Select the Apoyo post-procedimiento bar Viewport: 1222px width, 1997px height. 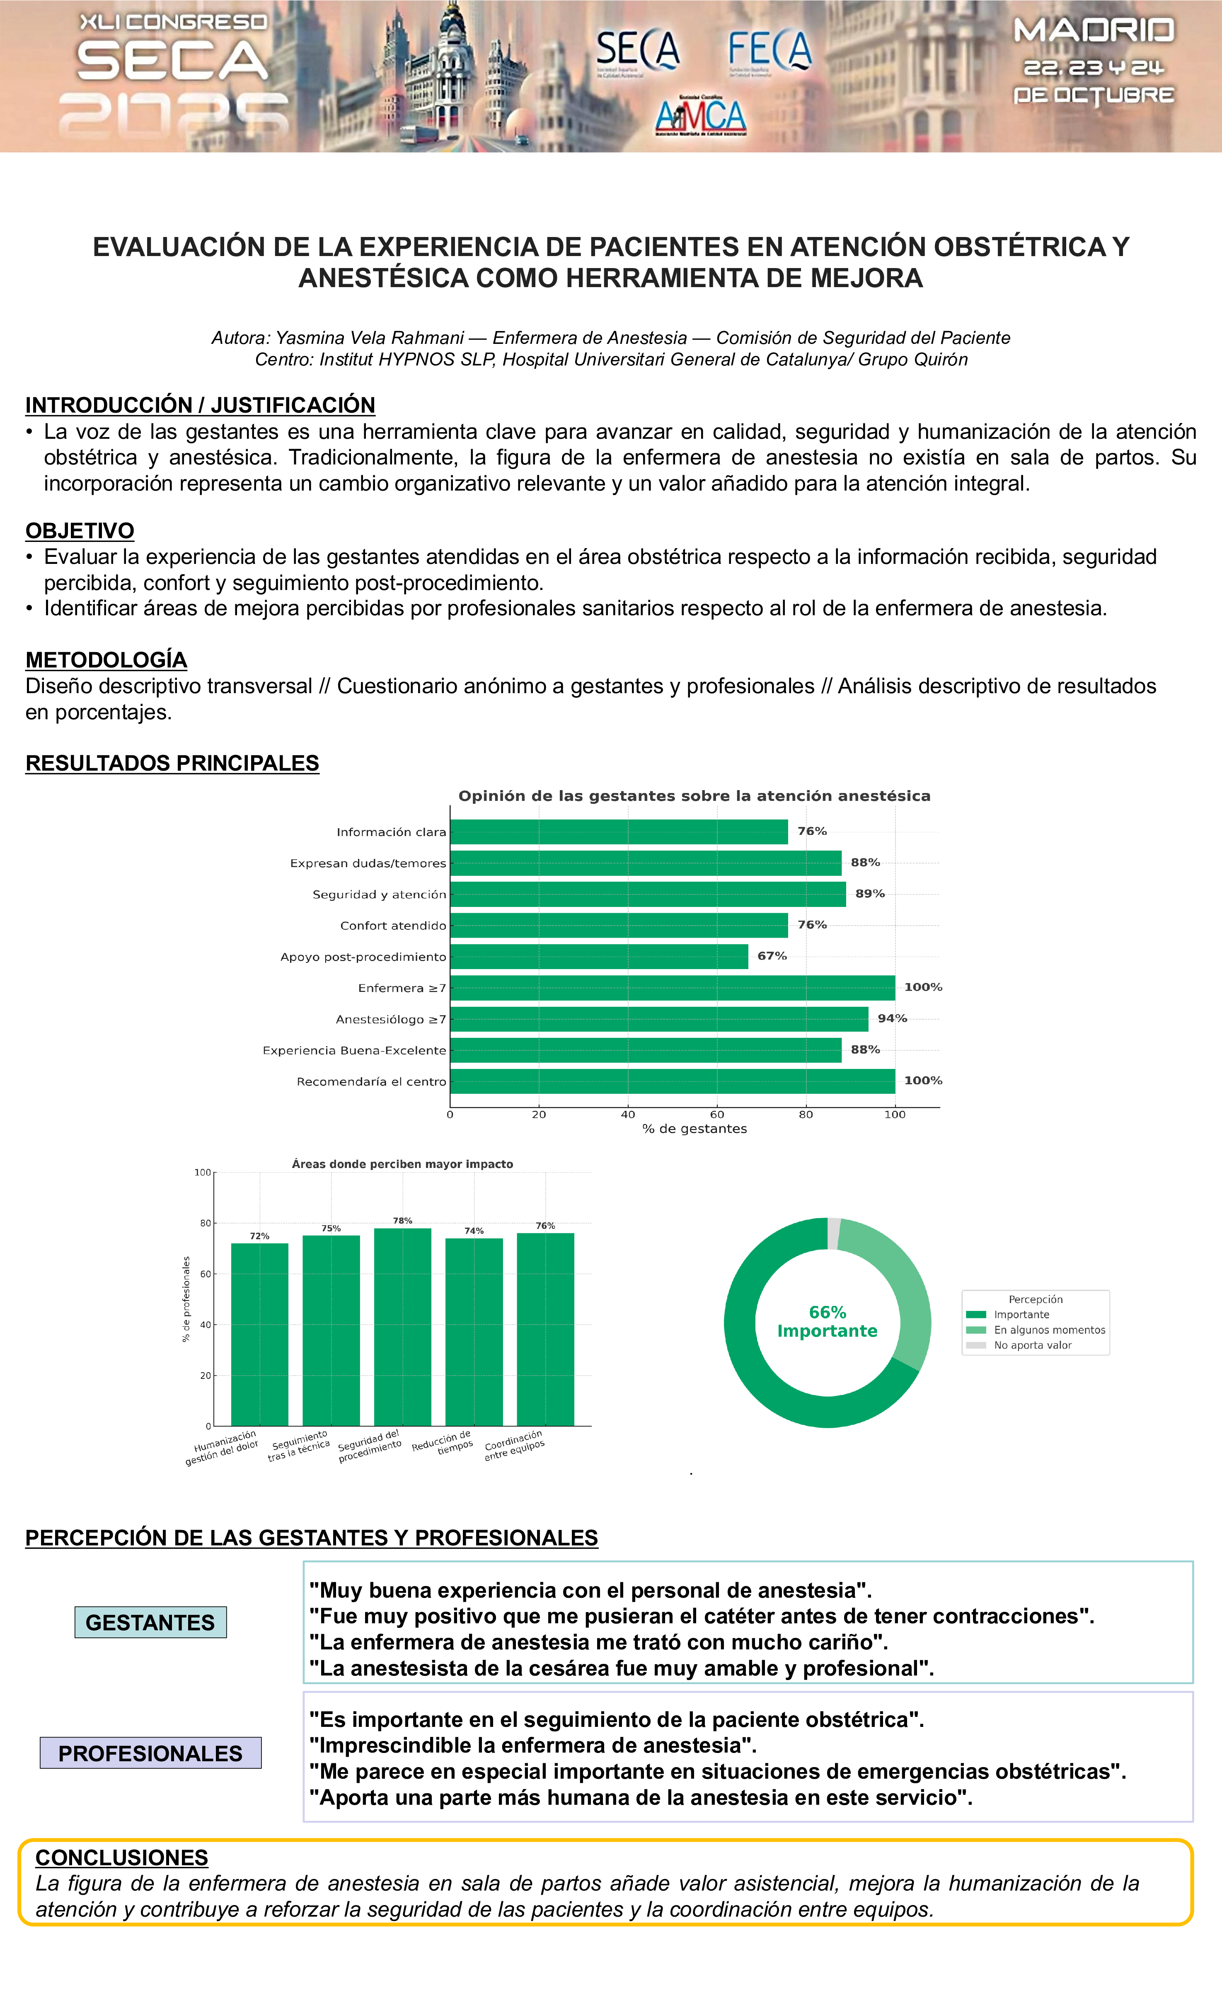tap(599, 956)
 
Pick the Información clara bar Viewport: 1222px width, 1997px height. tap(618, 832)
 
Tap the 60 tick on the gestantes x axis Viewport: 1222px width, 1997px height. tap(717, 1115)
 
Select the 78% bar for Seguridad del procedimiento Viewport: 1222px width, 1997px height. tap(403, 1327)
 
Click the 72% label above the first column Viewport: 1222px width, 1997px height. tap(259, 1236)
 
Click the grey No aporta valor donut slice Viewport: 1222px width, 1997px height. tap(833, 1233)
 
